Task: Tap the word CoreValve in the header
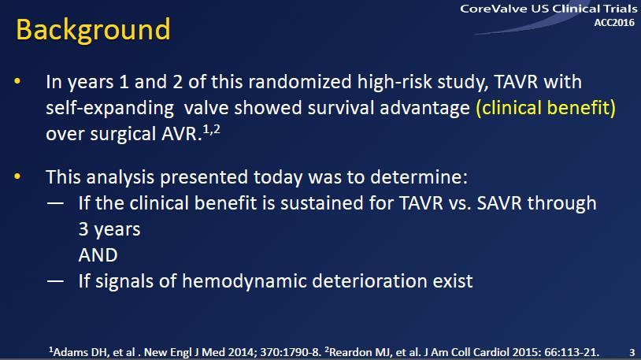[x=494, y=9]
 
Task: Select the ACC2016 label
[x=614, y=23]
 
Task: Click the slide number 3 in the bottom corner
[x=632, y=352]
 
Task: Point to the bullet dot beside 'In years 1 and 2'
[x=17, y=81]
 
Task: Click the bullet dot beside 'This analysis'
[x=17, y=176]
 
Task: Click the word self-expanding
[x=110, y=109]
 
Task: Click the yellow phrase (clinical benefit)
[x=546, y=108]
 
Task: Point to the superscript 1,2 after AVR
[x=211, y=129]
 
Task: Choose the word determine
[x=419, y=177]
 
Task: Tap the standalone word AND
[x=98, y=255]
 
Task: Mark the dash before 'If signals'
[x=55, y=281]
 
